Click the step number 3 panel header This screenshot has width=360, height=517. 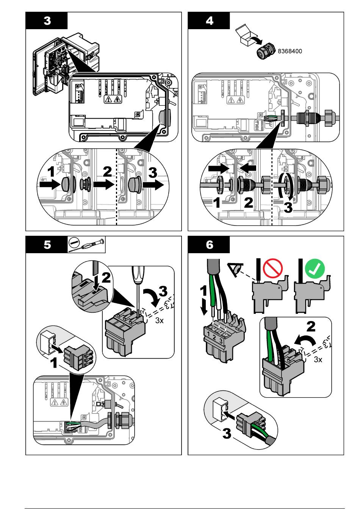(47, 20)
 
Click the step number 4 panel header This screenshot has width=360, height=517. (209, 20)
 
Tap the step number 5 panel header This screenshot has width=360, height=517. (47, 244)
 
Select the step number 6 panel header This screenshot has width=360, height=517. (209, 244)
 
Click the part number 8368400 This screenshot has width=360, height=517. (290, 51)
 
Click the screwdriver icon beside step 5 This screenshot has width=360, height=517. (86, 244)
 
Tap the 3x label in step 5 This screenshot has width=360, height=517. (159, 321)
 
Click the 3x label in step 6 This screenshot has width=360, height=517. (318, 359)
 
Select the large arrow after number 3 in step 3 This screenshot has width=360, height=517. (155, 185)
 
